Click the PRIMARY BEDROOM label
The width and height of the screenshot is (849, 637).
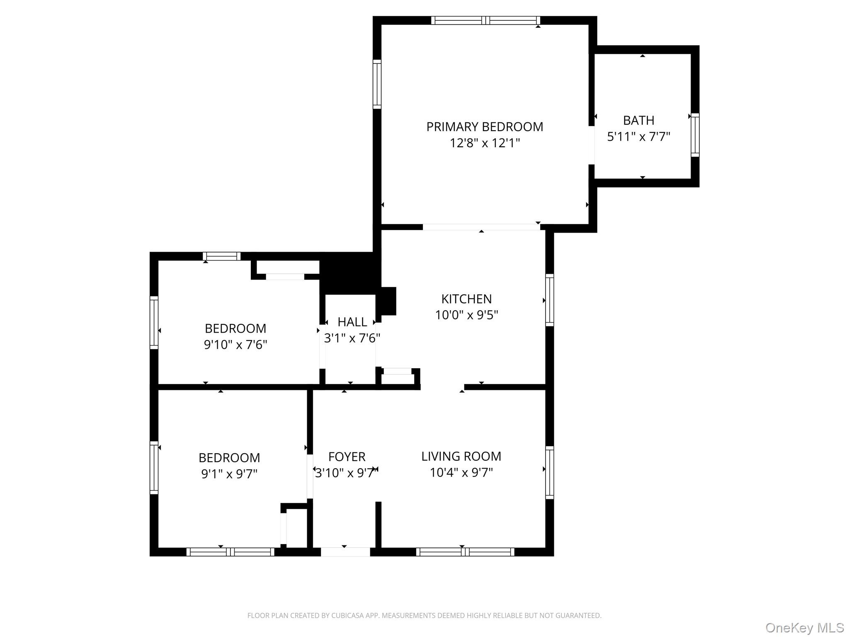[x=485, y=126]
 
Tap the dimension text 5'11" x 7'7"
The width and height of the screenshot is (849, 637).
[x=638, y=136]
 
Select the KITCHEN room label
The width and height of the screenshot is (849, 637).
[x=466, y=299]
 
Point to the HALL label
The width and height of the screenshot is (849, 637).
[x=352, y=322]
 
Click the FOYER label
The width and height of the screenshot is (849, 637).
[x=347, y=457]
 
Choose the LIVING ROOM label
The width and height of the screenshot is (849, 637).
[x=461, y=456]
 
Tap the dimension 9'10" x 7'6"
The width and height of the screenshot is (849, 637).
[x=235, y=345]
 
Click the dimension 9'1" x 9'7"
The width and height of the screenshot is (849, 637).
[x=229, y=474]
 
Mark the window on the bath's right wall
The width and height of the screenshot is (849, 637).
[x=695, y=135]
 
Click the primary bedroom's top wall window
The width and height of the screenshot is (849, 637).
[x=485, y=20]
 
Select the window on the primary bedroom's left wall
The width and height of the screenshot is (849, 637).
[x=377, y=84]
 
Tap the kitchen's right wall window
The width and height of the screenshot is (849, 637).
[x=549, y=300]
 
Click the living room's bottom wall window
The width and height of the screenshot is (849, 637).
[x=465, y=552]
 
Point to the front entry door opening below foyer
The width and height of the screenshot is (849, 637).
[x=345, y=552]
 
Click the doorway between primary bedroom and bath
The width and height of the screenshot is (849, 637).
[x=592, y=145]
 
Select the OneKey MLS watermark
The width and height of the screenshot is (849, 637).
[x=804, y=627]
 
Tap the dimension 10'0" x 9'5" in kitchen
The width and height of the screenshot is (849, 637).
[x=466, y=315]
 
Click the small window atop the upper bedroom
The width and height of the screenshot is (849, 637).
[x=221, y=256]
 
